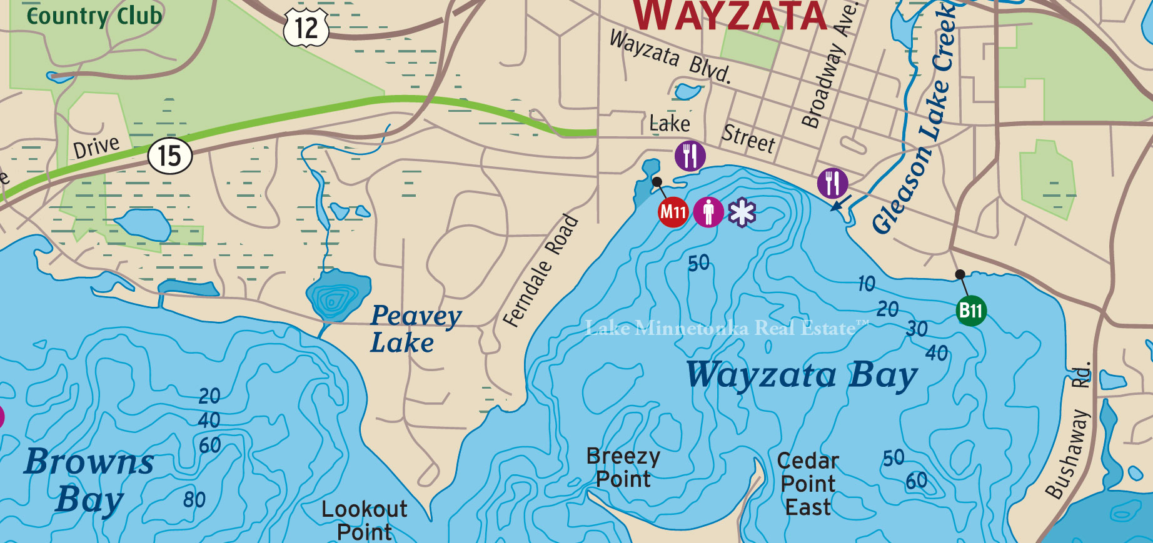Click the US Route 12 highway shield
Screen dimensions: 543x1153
coord(306,27)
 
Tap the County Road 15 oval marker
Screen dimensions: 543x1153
coord(169,156)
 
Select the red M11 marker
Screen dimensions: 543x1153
coord(673,212)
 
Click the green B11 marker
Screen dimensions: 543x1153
coord(971,311)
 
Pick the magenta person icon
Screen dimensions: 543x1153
coord(708,212)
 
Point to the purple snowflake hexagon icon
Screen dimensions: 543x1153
coord(742,212)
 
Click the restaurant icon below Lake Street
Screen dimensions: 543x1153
coord(690,156)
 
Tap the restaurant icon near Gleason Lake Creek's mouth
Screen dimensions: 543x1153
coord(832,183)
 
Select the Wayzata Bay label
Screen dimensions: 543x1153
coord(802,376)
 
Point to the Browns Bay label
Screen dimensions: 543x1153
coord(89,479)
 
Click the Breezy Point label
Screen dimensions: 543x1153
coord(623,467)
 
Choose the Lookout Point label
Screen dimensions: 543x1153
coord(364,520)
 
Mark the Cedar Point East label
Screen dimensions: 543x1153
coord(808,484)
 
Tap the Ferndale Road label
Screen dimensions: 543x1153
coord(541,271)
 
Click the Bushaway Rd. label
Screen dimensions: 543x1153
coord(1070,431)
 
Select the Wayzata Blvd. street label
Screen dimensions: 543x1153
coord(670,56)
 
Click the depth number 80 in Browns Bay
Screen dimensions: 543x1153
coord(194,499)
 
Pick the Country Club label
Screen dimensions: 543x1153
coord(94,16)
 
